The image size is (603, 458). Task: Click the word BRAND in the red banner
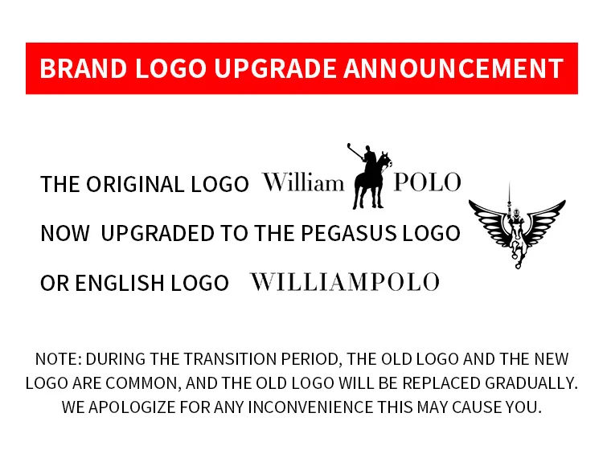[x=84, y=68]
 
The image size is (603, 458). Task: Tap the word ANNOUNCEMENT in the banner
[x=453, y=68]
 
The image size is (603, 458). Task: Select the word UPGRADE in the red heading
[x=275, y=68]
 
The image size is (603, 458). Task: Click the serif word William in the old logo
[x=303, y=182]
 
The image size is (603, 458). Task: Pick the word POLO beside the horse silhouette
[x=427, y=182]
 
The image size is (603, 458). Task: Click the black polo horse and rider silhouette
[x=369, y=177]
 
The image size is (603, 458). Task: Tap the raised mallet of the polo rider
[x=355, y=151]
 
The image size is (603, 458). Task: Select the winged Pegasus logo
[x=517, y=227]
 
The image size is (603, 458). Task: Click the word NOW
[x=65, y=233]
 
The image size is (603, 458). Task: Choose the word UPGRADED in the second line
[x=158, y=233]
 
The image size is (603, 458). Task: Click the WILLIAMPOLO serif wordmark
[x=345, y=282]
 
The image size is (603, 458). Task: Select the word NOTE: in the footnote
[x=59, y=359]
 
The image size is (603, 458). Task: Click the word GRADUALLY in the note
[x=531, y=383]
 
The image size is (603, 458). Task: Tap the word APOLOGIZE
[x=132, y=407]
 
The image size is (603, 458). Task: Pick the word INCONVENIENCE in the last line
[x=310, y=407]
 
